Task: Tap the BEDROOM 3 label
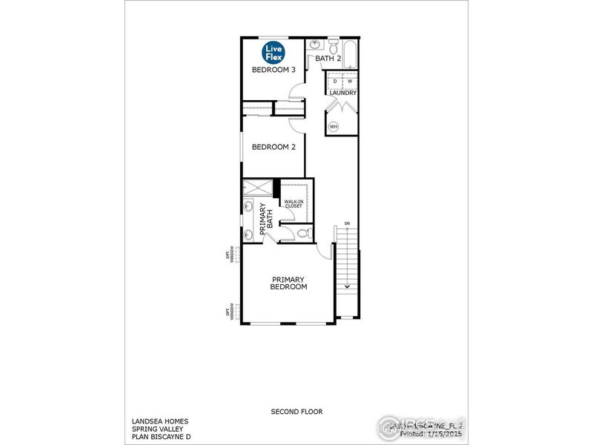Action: (274, 70)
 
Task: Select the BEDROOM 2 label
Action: (274, 147)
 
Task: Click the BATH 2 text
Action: (328, 58)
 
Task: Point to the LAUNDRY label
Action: (343, 93)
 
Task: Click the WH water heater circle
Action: (334, 127)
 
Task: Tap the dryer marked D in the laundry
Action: (335, 81)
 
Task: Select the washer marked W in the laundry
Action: (350, 81)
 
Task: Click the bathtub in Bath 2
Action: (349, 56)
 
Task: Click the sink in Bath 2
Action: (314, 45)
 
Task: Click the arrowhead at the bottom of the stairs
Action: (346, 286)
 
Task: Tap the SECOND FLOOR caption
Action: (296, 410)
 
